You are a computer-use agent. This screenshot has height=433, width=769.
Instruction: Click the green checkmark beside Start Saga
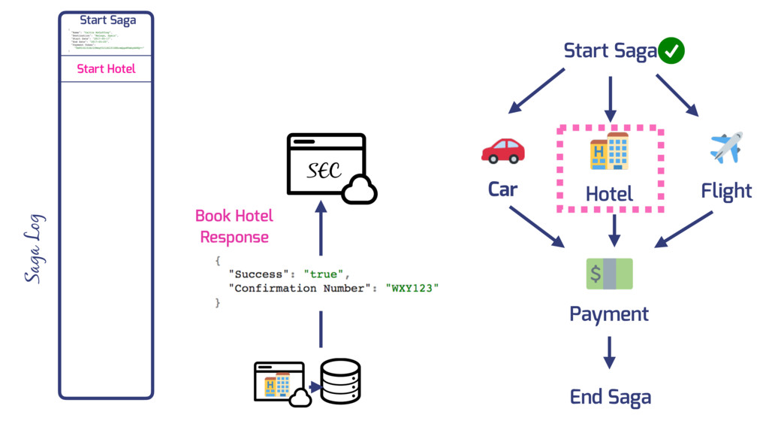(671, 51)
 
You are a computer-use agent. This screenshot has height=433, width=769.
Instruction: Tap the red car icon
(502, 150)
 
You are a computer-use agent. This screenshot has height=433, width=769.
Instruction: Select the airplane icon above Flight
(725, 147)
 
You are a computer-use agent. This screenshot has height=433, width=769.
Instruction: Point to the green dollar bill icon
(609, 274)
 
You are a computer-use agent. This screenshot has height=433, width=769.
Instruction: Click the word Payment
(609, 313)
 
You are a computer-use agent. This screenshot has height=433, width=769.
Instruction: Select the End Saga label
(610, 396)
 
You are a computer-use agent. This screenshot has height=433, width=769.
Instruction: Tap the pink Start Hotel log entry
(106, 69)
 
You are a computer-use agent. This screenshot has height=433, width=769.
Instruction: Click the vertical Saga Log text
(34, 249)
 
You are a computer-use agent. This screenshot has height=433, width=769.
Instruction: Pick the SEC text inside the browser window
(324, 171)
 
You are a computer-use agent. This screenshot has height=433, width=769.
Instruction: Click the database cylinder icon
(340, 381)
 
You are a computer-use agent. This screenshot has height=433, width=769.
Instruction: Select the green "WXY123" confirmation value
(411, 288)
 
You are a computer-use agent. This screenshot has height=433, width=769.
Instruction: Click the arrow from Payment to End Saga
(609, 352)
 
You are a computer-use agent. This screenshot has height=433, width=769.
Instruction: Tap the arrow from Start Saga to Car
(536, 91)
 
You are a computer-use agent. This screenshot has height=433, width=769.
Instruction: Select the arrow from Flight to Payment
(683, 229)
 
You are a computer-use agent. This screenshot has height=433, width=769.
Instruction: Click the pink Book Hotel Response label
(234, 226)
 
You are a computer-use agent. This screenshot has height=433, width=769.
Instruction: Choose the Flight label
(726, 191)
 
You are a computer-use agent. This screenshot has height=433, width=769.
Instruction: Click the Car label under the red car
(502, 189)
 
